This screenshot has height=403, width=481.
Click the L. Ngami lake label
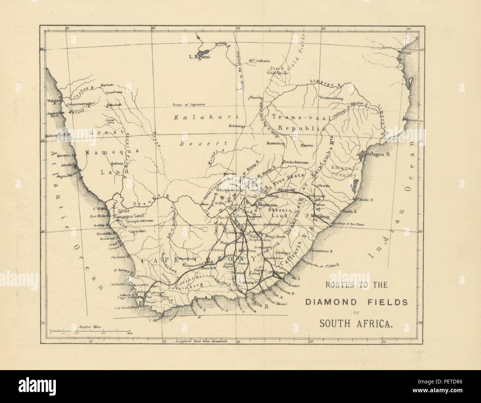(x=200, y=57)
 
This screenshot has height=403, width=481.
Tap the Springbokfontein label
(x=140, y=221)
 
